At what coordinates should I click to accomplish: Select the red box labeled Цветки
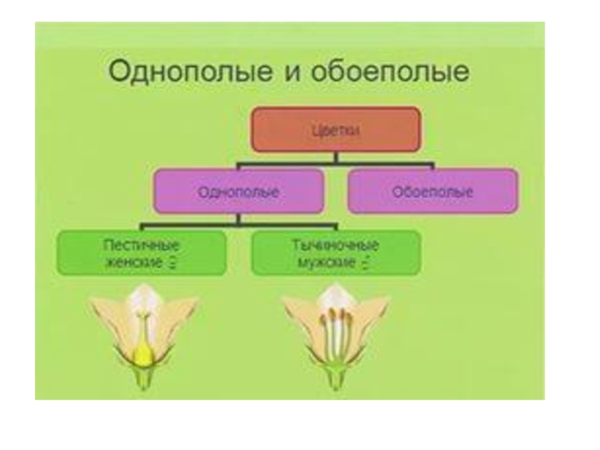pyautogui.click(x=335, y=130)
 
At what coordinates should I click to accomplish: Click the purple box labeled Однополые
pyautogui.click(x=238, y=192)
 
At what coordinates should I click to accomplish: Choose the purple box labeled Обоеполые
pyautogui.click(x=432, y=192)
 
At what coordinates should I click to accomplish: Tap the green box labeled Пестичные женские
pyautogui.click(x=141, y=253)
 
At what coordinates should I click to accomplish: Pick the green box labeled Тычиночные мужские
pyautogui.click(x=335, y=253)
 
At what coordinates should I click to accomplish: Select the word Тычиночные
pyautogui.click(x=334, y=246)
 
